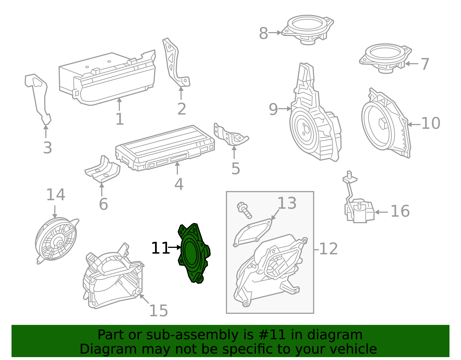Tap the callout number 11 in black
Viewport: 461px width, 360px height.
click(160, 248)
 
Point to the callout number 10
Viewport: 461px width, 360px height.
click(430, 123)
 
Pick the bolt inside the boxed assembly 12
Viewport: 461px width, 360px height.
click(244, 210)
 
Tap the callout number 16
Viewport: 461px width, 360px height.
click(400, 211)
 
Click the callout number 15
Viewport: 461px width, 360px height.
click(158, 311)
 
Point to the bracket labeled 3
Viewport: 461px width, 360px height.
click(39, 98)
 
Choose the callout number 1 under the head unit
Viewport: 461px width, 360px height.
click(120, 119)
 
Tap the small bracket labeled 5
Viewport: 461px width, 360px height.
click(231, 135)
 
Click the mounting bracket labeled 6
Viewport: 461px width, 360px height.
click(103, 171)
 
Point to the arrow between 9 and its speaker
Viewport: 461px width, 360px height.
click(285, 109)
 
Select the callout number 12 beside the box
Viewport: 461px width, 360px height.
click(328, 249)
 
